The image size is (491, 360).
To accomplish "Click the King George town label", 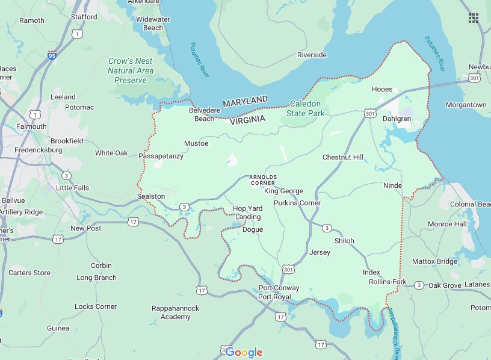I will [x=283, y=191].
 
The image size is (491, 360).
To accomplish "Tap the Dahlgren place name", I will [x=397, y=119].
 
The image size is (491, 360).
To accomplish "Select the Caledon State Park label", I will [x=305, y=108].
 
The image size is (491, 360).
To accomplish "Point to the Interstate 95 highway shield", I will [x=52, y=55].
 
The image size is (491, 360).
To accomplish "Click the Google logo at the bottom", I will [x=244, y=352].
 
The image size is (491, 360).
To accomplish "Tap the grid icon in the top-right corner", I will [x=474, y=17].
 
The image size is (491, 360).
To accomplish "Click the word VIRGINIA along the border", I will [x=247, y=120].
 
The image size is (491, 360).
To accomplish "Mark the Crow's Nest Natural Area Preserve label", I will [x=131, y=70].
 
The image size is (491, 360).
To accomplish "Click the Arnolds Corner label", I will [x=263, y=179].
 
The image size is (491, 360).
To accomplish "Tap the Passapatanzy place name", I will [x=161, y=156].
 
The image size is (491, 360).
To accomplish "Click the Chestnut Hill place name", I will [x=343, y=157].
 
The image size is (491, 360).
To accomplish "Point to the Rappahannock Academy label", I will [x=175, y=312].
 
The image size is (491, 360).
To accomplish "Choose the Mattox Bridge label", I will [x=434, y=261].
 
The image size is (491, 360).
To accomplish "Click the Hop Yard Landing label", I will [x=247, y=213].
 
